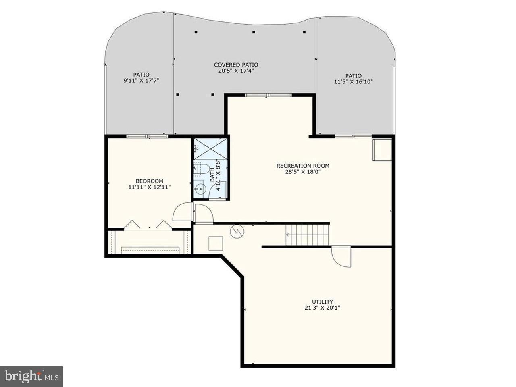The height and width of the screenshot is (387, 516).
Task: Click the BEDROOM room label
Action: (149, 181)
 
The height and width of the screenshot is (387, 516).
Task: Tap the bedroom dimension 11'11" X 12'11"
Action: (149, 187)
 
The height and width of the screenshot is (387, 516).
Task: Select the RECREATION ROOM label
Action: (303, 166)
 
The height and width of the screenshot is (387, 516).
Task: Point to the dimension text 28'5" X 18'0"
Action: (303, 172)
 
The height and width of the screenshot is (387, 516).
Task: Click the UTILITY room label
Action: (322, 302)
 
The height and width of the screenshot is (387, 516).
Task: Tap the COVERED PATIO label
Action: (236, 64)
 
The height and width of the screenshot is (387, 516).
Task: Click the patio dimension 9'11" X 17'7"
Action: (141, 81)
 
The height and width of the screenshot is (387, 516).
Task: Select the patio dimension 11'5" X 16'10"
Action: (353, 82)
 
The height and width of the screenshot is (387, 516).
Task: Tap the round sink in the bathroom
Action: (199, 188)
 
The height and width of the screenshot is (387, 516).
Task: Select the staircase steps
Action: (308, 235)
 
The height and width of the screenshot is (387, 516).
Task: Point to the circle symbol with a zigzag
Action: (237, 231)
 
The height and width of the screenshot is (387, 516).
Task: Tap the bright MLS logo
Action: (31, 377)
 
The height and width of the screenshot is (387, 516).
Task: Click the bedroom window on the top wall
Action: (147, 136)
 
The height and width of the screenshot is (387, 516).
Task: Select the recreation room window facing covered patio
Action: (268, 95)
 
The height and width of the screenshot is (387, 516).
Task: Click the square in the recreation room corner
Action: (382, 150)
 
